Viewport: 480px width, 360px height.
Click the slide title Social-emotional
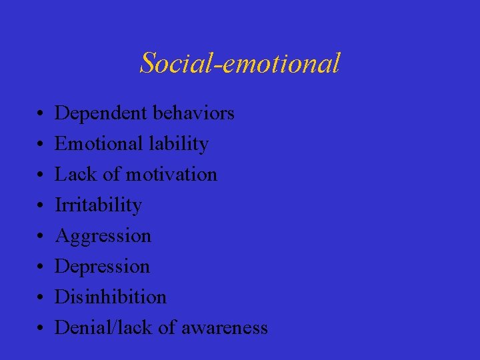pos(240,63)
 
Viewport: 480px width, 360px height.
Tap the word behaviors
pos(193,113)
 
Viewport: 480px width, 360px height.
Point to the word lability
pos(180,144)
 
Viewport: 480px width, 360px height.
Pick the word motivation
pos(171,175)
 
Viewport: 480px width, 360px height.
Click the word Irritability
pos(98,205)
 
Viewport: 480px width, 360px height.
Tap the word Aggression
pos(103,236)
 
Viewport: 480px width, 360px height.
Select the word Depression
pos(102,267)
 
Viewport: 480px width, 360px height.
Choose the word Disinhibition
pos(110,297)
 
